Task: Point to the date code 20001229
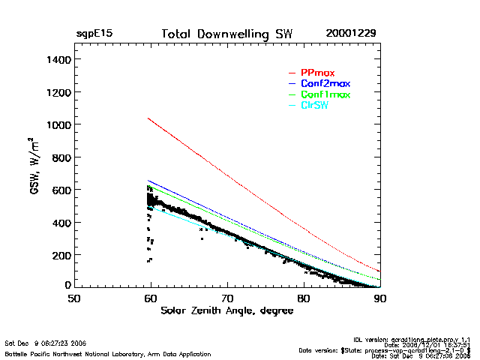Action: pyautogui.click(x=351, y=34)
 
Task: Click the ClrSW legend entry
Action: pyautogui.click(x=314, y=106)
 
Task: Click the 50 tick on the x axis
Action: pyautogui.click(x=74, y=298)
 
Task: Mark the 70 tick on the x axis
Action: pyautogui.click(x=227, y=298)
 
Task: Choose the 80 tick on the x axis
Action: pyautogui.click(x=304, y=298)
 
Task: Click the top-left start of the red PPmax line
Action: pyautogui.click(x=148, y=118)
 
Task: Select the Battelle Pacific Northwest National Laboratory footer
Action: pyautogui.click(x=108, y=353)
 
